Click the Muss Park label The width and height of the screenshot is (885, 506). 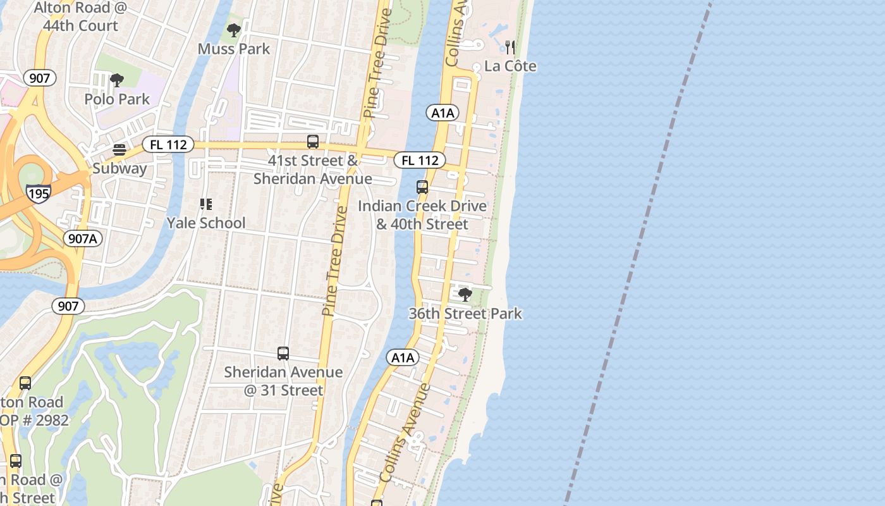pos(234,49)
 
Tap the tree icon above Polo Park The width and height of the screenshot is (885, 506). pos(116,80)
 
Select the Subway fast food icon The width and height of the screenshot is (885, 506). pos(119,150)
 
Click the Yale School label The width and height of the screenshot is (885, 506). pos(206,223)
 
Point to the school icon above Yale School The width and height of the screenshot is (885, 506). pos(205,204)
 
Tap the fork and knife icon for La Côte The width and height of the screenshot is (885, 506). pos(510,47)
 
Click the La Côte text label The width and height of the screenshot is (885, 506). pos(510,66)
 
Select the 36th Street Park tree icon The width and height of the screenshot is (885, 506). pos(465,295)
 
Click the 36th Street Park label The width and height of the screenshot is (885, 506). pos(465,313)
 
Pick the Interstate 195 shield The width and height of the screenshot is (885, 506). pos(39,193)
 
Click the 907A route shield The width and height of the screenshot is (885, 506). pos(83,238)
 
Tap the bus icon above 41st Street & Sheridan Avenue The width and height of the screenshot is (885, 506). pos(312,142)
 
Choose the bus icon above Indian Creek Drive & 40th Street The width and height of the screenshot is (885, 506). pos(422,187)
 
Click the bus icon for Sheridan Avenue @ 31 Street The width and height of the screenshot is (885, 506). pos(283,354)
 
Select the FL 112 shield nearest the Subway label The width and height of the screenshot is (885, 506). pos(168,145)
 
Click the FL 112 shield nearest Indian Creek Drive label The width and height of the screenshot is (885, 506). pos(420,160)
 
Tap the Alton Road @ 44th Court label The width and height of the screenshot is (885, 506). pos(76,17)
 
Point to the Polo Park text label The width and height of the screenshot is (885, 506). pos(118,99)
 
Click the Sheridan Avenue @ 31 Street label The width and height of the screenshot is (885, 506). pos(283,381)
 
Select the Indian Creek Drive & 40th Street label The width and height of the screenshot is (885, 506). pos(422,215)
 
